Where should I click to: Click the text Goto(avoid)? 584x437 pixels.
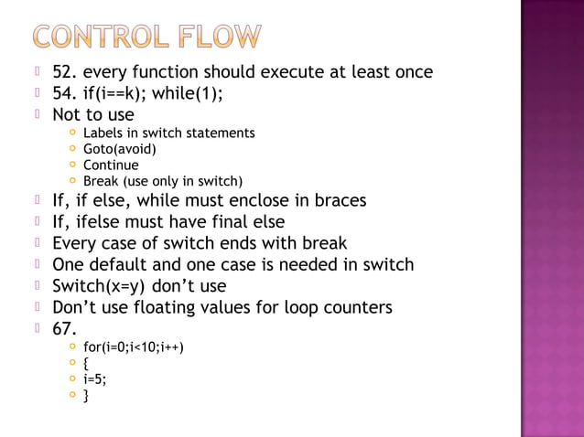click(x=120, y=149)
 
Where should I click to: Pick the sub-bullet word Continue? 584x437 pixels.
click(x=111, y=165)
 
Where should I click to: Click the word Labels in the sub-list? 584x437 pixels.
click(x=103, y=133)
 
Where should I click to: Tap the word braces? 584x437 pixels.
click(x=337, y=200)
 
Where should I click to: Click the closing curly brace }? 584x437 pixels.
click(x=86, y=397)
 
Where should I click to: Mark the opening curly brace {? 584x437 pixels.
click(x=86, y=364)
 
